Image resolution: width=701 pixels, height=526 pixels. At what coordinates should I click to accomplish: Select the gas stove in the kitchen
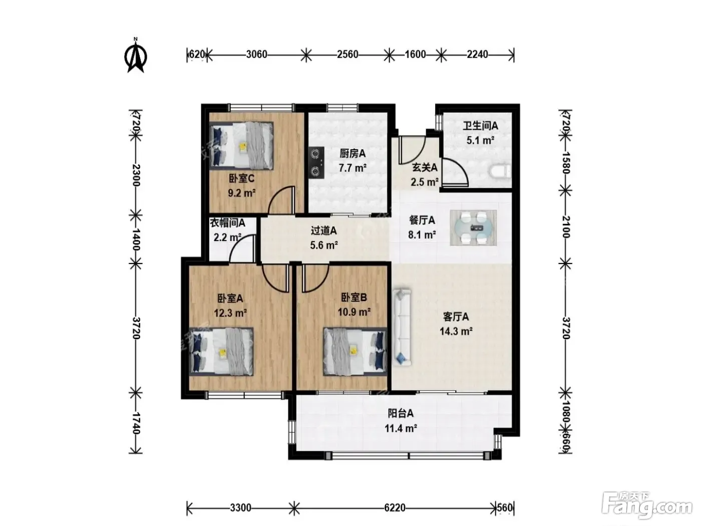316,162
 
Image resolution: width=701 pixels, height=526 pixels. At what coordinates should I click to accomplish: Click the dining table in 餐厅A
473,228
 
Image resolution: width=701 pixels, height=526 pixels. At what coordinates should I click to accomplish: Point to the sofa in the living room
402,327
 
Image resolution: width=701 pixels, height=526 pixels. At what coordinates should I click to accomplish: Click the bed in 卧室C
242,145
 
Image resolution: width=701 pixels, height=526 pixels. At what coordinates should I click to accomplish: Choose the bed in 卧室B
355,351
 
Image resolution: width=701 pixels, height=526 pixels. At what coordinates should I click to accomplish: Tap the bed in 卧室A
221,351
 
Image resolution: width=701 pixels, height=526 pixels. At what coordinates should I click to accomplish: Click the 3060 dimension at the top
256,55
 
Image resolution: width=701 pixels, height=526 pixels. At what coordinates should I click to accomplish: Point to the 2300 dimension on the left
136,175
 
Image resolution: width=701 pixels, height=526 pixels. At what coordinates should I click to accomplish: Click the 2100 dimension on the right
566,227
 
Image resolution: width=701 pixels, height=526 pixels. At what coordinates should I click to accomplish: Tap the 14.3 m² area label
456,331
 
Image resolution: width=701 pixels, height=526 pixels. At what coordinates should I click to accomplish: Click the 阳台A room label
401,414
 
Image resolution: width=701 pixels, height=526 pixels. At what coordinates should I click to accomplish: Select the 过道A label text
324,230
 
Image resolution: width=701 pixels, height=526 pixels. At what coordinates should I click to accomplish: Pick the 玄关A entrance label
424,167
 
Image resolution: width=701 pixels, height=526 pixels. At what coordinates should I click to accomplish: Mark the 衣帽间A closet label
227,222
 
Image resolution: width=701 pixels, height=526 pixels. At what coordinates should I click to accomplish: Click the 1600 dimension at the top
415,55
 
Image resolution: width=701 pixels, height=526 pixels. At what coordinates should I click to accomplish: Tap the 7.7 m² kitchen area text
353,168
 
